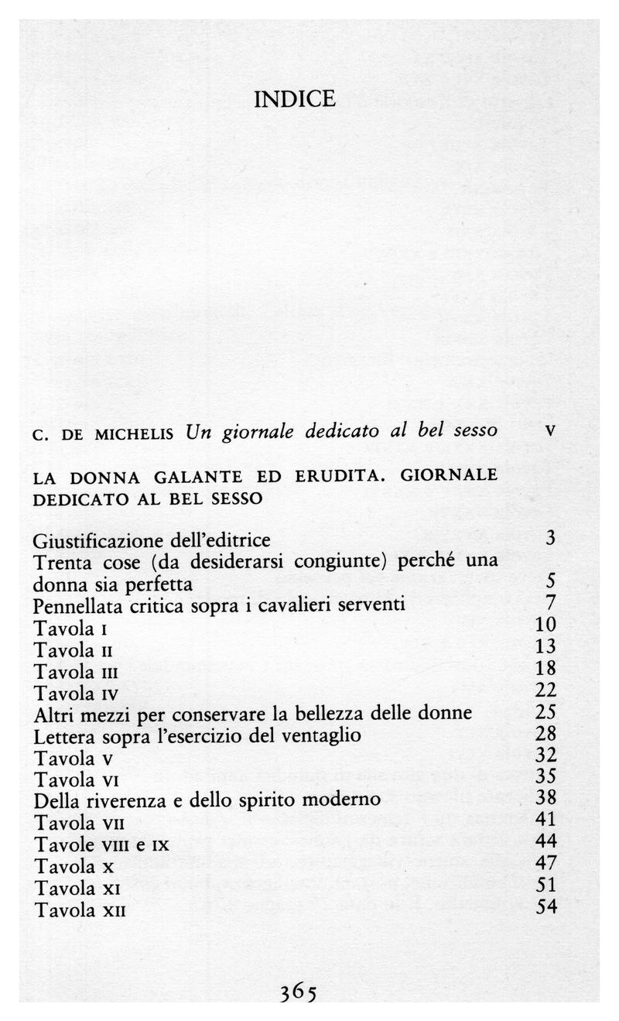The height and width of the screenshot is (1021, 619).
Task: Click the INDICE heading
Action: (x=295, y=100)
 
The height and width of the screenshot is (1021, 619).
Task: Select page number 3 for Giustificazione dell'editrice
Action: (x=550, y=538)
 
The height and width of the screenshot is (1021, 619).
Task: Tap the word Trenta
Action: (x=60, y=560)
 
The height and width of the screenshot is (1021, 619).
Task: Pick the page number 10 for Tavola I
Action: (x=545, y=625)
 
